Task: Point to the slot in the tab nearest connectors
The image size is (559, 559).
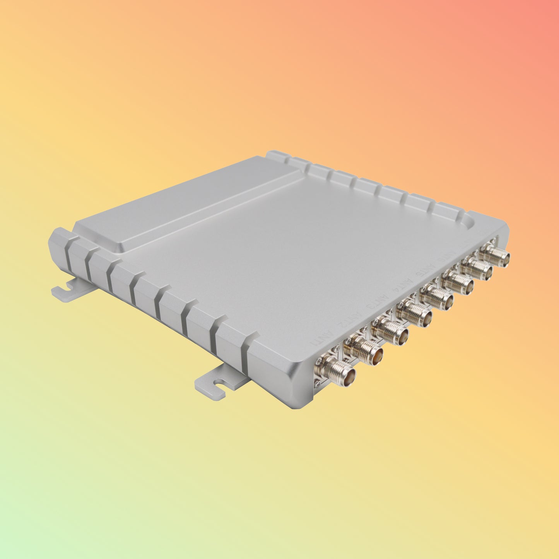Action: (x=219, y=384)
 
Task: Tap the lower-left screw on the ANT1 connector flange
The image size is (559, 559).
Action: (x=318, y=381)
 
